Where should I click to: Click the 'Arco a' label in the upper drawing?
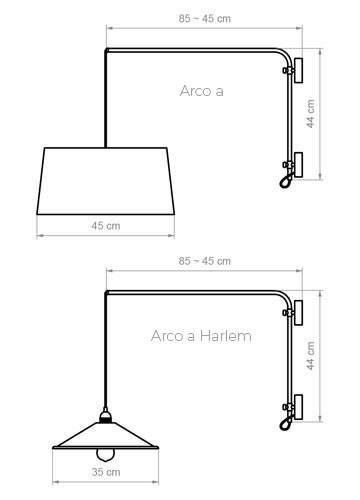[x=202, y=91]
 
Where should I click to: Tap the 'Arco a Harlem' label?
[x=201, y=336]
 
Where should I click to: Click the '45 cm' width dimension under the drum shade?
[x=106, y=226]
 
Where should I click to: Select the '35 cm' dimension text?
[x=106, y=472]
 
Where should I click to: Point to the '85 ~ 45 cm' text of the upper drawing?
[x=204, y=18]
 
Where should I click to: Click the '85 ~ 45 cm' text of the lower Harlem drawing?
[x=204, y=261]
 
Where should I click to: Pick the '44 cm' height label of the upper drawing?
[x=310, y=114]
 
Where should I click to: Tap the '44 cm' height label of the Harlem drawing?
[x=310, y=356]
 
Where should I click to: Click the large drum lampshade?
[x=106, y=181]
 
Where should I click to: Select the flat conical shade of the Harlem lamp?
[x=106, y=435]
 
